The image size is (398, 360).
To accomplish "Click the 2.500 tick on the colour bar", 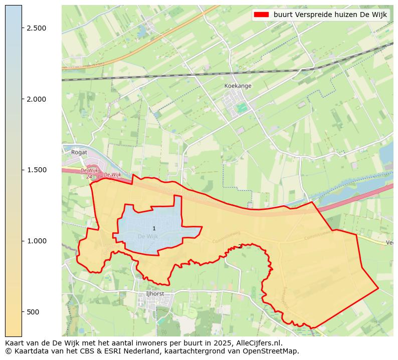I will click(x=37, y=28).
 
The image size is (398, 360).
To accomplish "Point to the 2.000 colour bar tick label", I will click(x=37, y=99).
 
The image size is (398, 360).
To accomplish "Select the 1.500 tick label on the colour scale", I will click(x=37, y=170).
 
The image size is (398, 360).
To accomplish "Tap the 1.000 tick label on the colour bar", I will click(x=37, y=241).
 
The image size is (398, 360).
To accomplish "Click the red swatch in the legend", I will click(x=262, y=15).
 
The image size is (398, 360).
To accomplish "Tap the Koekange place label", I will click(x=238, y=86).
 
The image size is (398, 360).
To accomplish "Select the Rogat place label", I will click(x=79, y=152).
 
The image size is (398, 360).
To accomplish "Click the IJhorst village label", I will click(x=154, y=293).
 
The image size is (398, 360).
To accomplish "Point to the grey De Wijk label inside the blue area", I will click(x=147, y=236).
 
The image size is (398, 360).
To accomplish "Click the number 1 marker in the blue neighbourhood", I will click(x=154, y=228).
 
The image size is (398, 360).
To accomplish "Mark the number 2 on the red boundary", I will click(x=241, y=246).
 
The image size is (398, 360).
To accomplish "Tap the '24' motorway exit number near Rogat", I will click(x=89, y=176).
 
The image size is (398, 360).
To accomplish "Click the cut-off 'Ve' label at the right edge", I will click(x=389, y=242).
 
